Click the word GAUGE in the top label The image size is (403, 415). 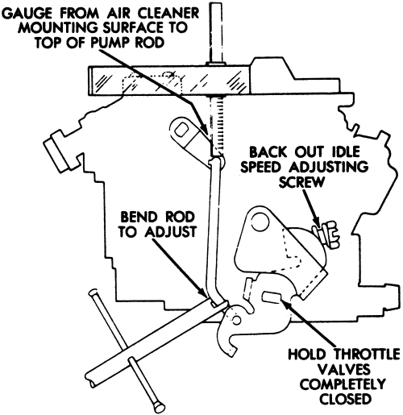(27, 13)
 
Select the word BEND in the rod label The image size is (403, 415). (138, 217)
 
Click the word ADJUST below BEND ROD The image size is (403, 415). (170, 232)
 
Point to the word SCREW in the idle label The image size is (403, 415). (301, 183)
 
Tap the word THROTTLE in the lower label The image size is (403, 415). (367, 354)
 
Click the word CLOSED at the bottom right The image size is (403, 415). (345, 400)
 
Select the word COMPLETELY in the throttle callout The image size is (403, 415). (343, 384)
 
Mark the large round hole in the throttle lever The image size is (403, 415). (260, 221)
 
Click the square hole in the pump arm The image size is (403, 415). (182, 131)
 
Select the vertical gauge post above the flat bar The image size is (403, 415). (217, 33)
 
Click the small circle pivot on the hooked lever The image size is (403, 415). (237, 320)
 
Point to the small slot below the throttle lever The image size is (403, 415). (272, 297)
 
